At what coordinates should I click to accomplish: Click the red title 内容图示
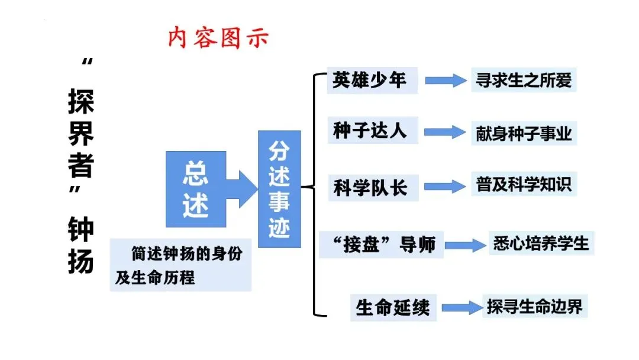click(x=218, y=37)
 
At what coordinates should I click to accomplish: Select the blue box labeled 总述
click(x=196, y=189)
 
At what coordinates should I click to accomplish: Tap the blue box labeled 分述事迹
click(x=279, y=189)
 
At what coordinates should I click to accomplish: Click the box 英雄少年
click(x=372, y=81)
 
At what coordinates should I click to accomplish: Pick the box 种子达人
click(x=373, y=130)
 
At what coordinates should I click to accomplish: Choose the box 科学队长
click(x=373, y=188)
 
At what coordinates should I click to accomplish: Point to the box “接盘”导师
click(x=381, y=245)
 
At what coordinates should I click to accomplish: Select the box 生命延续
click(x=393, y=307)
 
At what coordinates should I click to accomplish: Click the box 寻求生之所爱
click(x=524, y=80)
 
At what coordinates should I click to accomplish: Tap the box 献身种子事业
click(x=524, y=133)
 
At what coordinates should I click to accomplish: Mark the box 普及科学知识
click(x=524, y=184)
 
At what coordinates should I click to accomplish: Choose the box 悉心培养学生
click(x=541, y=243)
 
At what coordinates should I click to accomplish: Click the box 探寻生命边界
click(x=535, y=306)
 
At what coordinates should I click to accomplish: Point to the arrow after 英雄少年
click(x=446, y=81)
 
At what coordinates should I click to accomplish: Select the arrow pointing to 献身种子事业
click(x=445, y=132)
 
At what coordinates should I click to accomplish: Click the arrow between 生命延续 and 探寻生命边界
click(x=462, y=308)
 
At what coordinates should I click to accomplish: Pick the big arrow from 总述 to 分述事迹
click(x=242, y=189)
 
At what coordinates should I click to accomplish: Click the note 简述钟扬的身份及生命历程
click(x=180, y=265)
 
